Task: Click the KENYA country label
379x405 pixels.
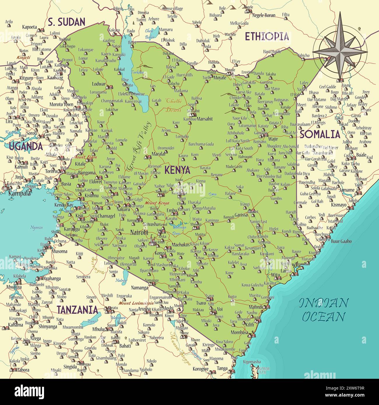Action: point(177,170)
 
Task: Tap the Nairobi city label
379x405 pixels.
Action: point(139,233)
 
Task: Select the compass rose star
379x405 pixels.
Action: point(340,51)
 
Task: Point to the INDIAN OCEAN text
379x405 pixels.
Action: point(324,309)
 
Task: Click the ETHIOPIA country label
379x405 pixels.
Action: point(267,36)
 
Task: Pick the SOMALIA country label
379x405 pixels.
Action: point(320,134)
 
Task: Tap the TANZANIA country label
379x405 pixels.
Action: point(77,310)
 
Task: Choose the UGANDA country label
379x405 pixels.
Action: point(26,146)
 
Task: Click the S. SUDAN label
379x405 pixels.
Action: point(66,22)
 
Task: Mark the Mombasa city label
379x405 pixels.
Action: point(239,332)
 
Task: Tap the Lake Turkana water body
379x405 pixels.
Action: point(133,73)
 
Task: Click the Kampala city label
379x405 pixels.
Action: point(20,193)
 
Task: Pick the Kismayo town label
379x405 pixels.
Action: point(338,205)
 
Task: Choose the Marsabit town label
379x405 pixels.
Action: point(205,119)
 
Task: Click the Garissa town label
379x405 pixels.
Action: point(241,215)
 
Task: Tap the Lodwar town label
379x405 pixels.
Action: point(99,84)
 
